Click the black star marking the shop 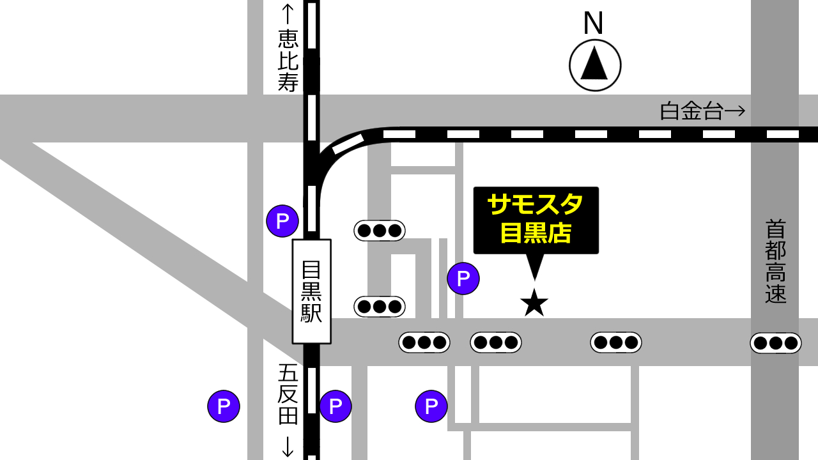pos(534,303)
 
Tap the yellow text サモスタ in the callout pos(536,204)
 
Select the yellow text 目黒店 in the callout pos(536,233)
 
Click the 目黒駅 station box pos(311,291)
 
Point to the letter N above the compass pos(593,24)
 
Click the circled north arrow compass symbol pos(595,65)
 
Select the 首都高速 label pos(775,261)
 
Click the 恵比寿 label pos(288,61)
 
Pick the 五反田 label pos(288,394)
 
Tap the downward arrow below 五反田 pos(288,446)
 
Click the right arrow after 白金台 pos(736,111)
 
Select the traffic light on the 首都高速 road pos(775,343)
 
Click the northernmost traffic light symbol pos(380,231)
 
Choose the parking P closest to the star pos(463,279)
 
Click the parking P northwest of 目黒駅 pos(282,221)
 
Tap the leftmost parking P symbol pos(224,406)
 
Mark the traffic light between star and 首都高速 pos(615,342)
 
